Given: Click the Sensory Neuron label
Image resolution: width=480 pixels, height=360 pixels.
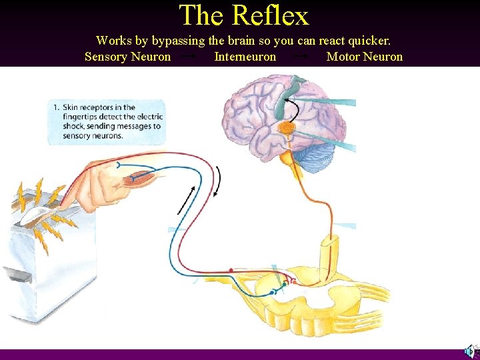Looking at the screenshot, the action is coord(127,57).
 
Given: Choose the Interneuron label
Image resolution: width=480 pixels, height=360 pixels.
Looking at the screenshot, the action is coord(245,57).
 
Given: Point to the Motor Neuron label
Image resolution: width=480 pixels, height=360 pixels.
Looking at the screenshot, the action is coord(364,57).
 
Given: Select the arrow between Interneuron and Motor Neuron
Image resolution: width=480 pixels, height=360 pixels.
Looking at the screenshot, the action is coord(301,57).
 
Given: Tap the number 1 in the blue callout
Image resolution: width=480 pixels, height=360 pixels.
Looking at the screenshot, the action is coord(57,107).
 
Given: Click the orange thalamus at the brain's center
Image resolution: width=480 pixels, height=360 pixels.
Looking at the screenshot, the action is coord(287,127).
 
